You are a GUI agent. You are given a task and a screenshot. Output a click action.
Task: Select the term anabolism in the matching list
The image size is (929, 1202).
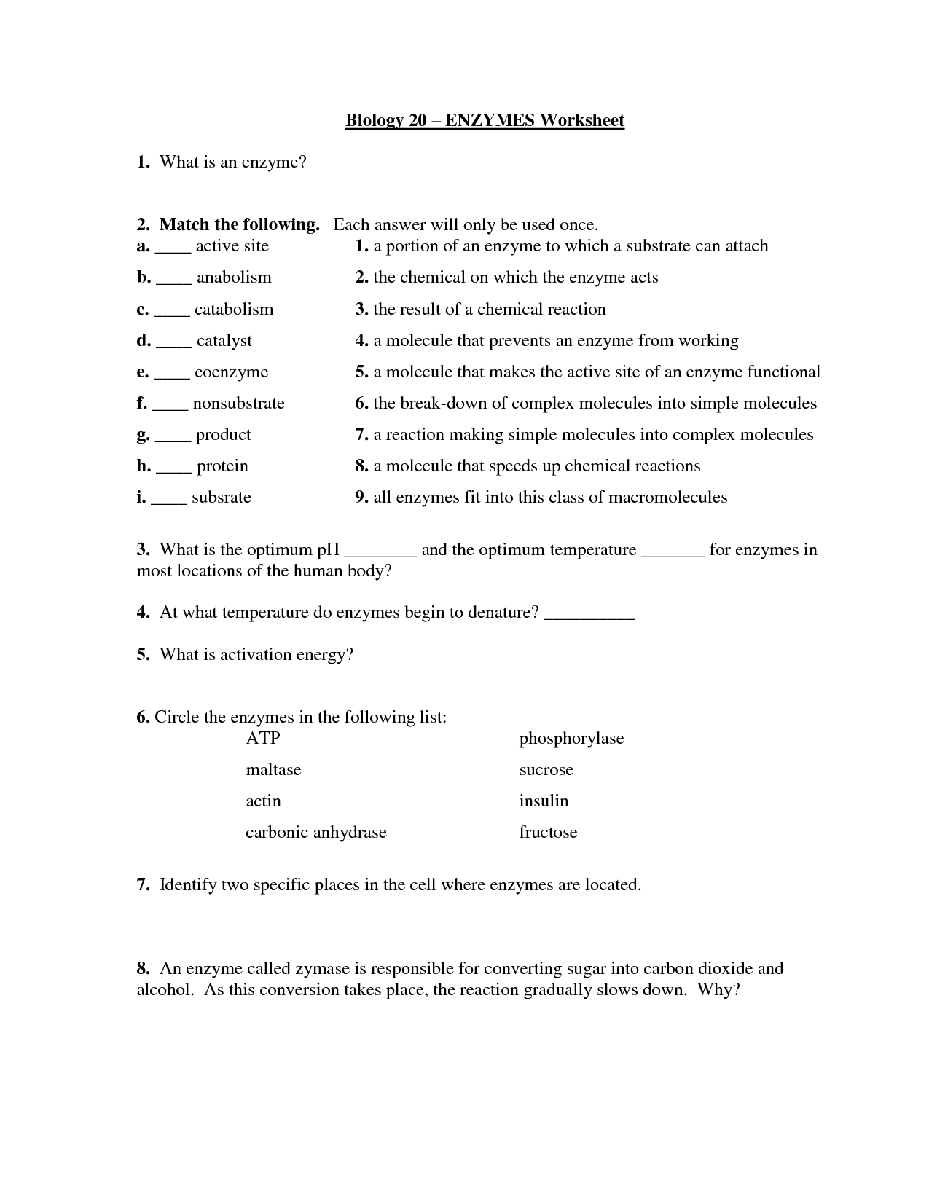[x=234, y=278]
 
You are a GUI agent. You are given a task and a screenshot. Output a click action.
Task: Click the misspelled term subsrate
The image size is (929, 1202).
[x=222, y=498]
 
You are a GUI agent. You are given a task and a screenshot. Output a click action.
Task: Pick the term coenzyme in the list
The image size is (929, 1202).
[x=231, y=372]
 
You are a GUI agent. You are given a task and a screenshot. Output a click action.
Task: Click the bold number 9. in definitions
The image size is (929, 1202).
[x=362, y=498]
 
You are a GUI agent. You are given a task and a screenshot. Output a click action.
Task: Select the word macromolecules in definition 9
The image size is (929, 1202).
[x=667, y=498]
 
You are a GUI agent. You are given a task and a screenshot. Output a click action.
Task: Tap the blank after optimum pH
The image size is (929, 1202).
[x=380, y=551]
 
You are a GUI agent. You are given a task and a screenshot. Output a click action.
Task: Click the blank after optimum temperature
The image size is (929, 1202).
[x=673, y=551]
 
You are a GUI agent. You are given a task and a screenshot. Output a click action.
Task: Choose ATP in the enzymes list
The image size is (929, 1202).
[x=262, y=739]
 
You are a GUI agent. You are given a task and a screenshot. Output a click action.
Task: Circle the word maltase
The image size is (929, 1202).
[x=273, y=770]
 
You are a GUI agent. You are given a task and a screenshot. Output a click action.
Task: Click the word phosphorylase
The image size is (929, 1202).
[x=571, y=739]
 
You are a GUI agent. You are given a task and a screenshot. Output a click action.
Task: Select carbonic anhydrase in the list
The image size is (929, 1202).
[x=315, y=833]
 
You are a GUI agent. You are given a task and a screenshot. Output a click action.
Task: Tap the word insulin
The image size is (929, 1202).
[x=544, y=801]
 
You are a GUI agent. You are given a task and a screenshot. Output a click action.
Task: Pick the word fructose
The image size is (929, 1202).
[x=548, y=833]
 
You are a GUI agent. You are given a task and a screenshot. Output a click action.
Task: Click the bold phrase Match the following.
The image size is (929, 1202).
[x=239, y=224]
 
